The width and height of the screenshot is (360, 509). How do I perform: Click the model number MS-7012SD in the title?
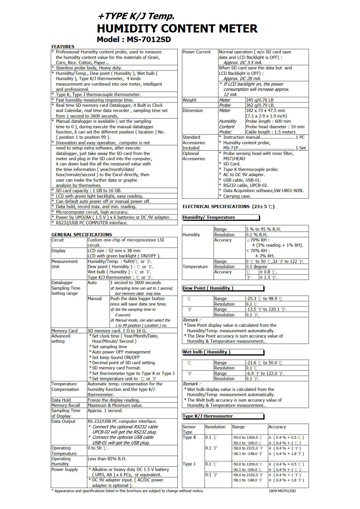149,39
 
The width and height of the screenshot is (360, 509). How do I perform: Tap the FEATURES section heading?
63,46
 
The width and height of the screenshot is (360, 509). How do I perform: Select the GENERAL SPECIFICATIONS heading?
82,234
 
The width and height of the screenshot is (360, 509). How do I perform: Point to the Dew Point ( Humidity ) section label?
208,288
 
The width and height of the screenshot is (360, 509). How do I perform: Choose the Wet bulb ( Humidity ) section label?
206,352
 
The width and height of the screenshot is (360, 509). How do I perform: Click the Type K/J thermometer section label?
208,416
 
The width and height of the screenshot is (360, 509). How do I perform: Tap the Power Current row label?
197,52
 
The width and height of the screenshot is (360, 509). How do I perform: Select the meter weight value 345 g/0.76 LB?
260,100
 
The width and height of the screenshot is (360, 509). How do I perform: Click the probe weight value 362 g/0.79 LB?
260,105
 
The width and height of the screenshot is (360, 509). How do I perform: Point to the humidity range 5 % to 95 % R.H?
263,229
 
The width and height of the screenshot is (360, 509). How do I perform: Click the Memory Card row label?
64,331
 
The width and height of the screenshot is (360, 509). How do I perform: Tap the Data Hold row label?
61,400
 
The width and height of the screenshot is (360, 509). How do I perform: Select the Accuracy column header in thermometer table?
277,427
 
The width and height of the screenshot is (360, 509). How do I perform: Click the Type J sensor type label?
189,464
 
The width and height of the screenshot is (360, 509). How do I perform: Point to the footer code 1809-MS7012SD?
282,491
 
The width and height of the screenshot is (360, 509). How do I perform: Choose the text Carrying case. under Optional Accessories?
237,196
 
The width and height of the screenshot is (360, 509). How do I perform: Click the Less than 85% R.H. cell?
107,459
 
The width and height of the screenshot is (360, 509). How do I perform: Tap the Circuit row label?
57,240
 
